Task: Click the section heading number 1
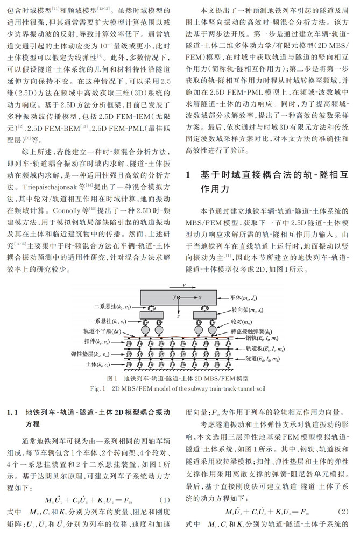[x=188, y=175]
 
